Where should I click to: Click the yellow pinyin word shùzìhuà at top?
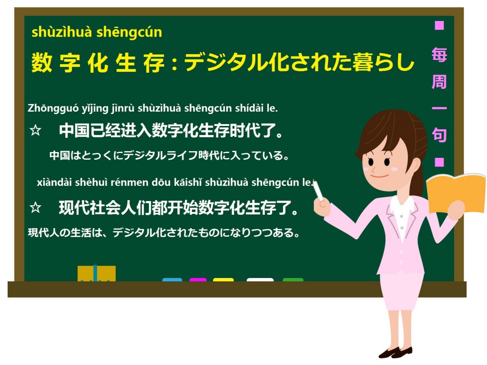[x=62, y=32]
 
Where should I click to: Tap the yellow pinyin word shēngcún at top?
[x=129, y=32]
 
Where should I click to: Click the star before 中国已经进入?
[x=35, y=131]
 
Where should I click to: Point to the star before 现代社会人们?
[x=35, y=207]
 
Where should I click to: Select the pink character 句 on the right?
[x=439, y=135]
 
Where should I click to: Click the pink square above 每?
[x=439, y=25]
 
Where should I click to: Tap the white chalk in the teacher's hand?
[x=317, y=191]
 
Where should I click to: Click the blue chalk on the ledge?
[x=172, y=280]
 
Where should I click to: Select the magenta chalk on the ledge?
[x=198, y=280]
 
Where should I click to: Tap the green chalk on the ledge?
[x=293, y=280]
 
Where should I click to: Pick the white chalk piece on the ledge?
[x=260, y=280]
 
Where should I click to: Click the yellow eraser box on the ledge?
[x=97, y=274]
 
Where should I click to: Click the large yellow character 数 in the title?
[x=42, y=63]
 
